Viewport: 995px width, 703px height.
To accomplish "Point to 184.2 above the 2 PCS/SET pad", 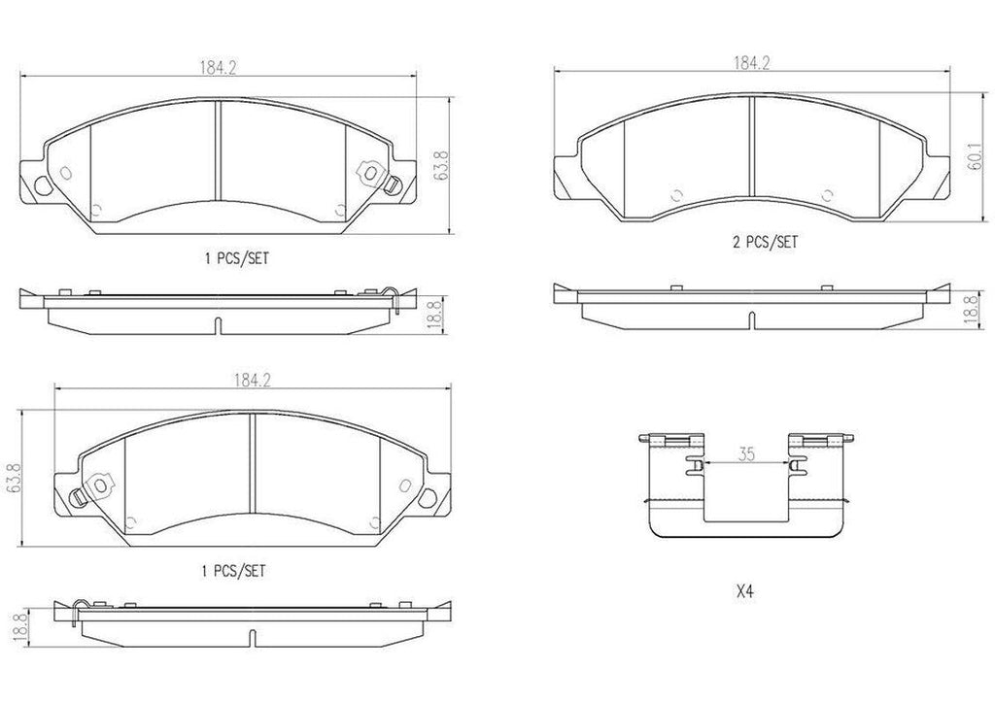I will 750,63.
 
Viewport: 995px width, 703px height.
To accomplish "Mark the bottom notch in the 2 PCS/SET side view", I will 751,318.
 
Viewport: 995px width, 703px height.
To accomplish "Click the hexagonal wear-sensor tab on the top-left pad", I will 369,171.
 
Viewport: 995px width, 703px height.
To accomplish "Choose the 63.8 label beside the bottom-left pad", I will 13,477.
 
